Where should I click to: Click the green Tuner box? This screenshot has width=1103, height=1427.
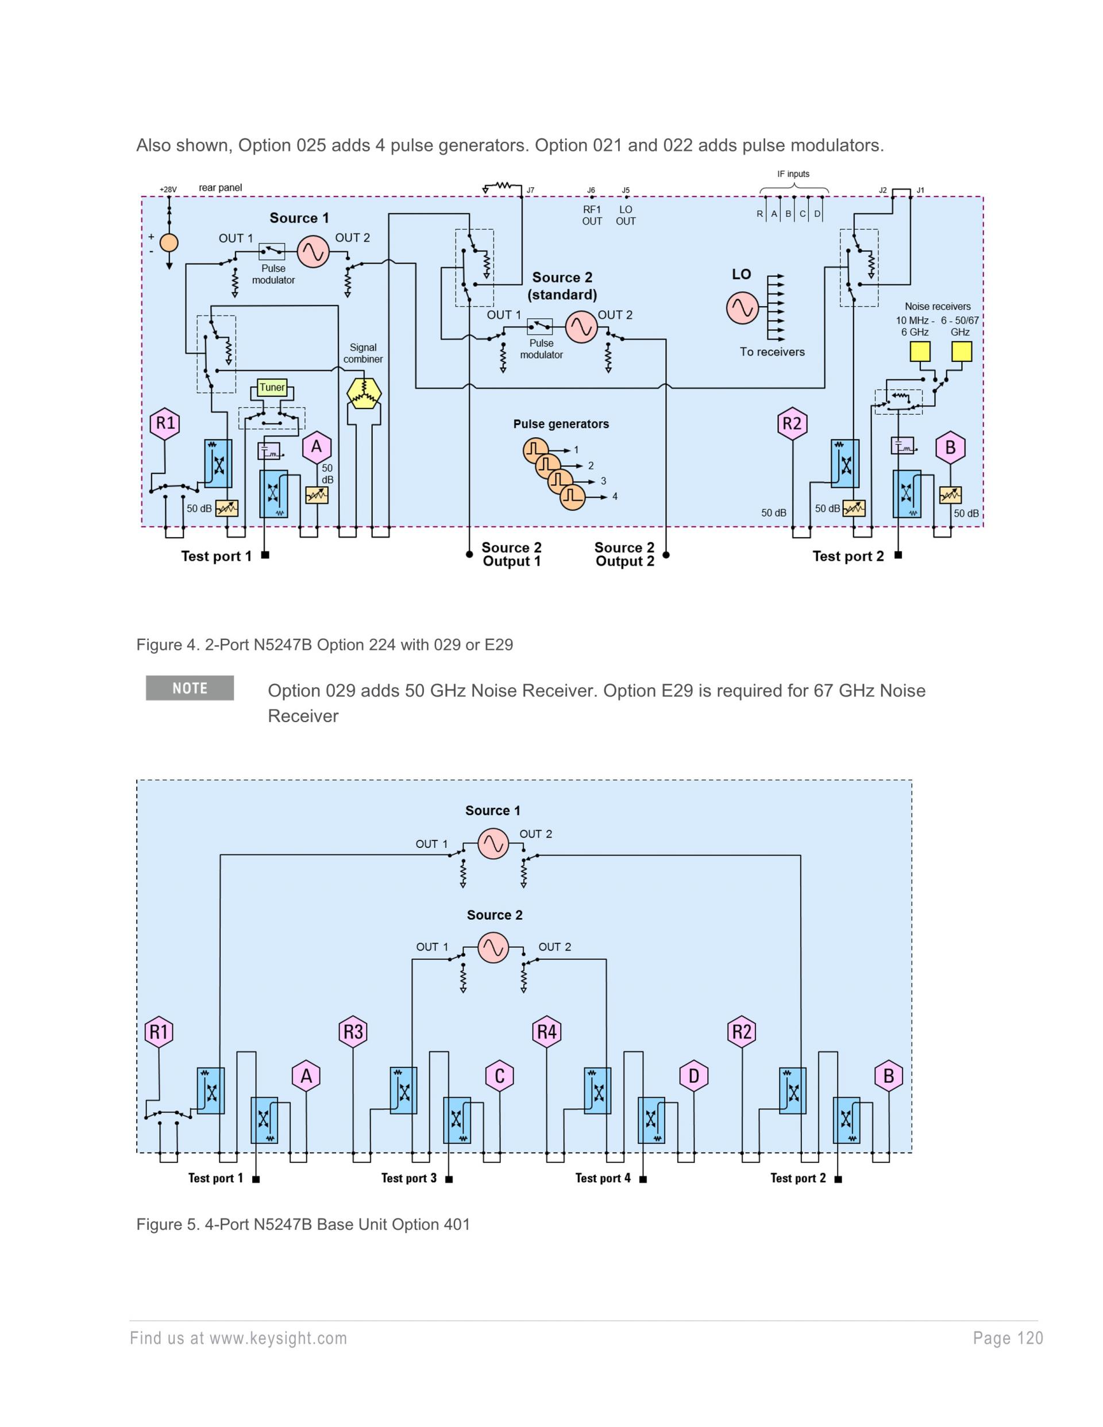(x=272, y=387)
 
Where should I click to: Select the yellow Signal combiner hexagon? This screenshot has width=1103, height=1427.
(x=363, y=393)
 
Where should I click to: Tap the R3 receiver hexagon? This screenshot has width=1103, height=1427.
(x=353, y=1032)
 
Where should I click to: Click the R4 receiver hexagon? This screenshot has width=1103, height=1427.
(x=546, y=1032)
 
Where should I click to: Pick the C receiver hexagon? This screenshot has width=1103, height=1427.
(x=500, y=1075)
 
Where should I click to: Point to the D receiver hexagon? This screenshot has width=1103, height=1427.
(x=694, y=1075)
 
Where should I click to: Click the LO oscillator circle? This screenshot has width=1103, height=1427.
(x=742, y=307)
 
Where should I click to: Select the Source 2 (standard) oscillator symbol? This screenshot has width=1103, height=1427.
(x=581, y=327)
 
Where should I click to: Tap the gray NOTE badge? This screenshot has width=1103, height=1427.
(x=190, y=688)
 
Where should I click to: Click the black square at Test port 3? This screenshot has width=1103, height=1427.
(x=449, y=1179)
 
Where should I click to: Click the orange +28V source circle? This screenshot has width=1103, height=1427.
(x=169, y=243)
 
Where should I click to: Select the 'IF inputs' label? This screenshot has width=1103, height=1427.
(x=793, y=174)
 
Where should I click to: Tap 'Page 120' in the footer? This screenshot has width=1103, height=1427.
(x=1008, y=1338)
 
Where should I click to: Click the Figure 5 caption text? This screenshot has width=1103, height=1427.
(x=303, y=1224)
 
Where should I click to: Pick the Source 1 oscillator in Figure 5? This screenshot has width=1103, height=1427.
(x=493, y=843)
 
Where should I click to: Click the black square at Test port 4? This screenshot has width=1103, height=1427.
(x=643, y=1179)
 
